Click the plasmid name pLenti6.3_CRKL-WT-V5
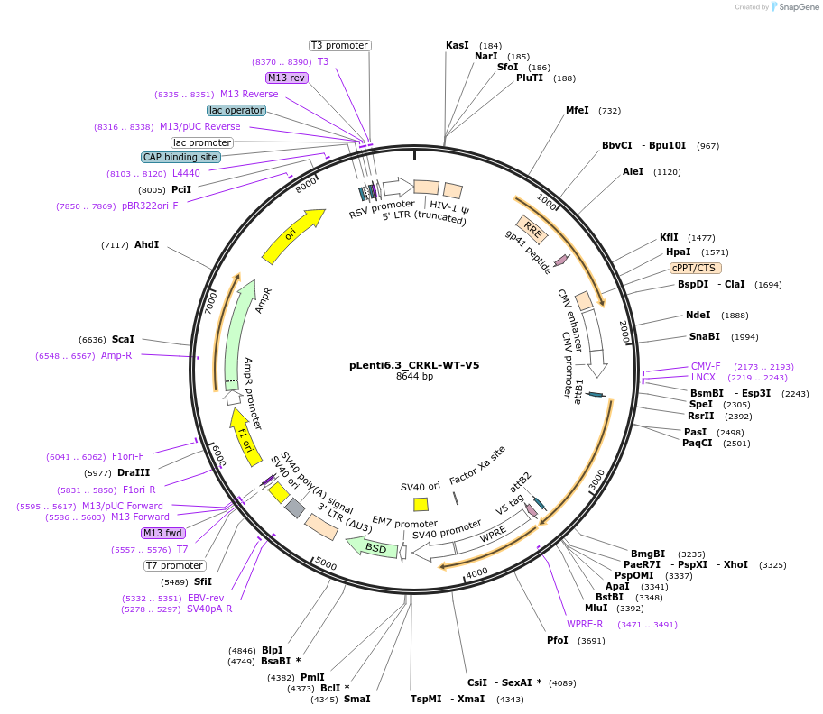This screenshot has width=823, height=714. click(414, 365)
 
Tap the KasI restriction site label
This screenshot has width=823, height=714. click(458, 45)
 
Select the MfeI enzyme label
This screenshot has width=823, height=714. click(577, 110)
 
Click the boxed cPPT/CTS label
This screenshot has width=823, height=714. click(695, 268)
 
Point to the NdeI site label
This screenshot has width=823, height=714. click(698, 316)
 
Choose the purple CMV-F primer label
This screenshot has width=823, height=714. click(706, 366)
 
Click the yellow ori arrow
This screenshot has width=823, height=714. click(294, 236)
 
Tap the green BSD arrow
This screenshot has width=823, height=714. click(372, 546)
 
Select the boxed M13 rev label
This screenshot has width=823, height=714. click(287, 78)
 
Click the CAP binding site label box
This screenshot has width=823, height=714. click(180, 157)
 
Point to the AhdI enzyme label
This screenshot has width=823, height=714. click(146, 244)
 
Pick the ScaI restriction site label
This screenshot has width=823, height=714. click(123, 340)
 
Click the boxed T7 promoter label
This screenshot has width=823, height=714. click(174, 565)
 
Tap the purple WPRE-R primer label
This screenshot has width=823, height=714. click(585, 624)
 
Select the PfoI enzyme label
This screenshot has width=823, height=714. click(558, 640)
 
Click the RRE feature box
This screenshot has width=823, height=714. click(532, 229)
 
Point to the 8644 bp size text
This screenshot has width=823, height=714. click(414, 377)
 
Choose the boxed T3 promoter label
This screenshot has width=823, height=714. click(339, 45)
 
